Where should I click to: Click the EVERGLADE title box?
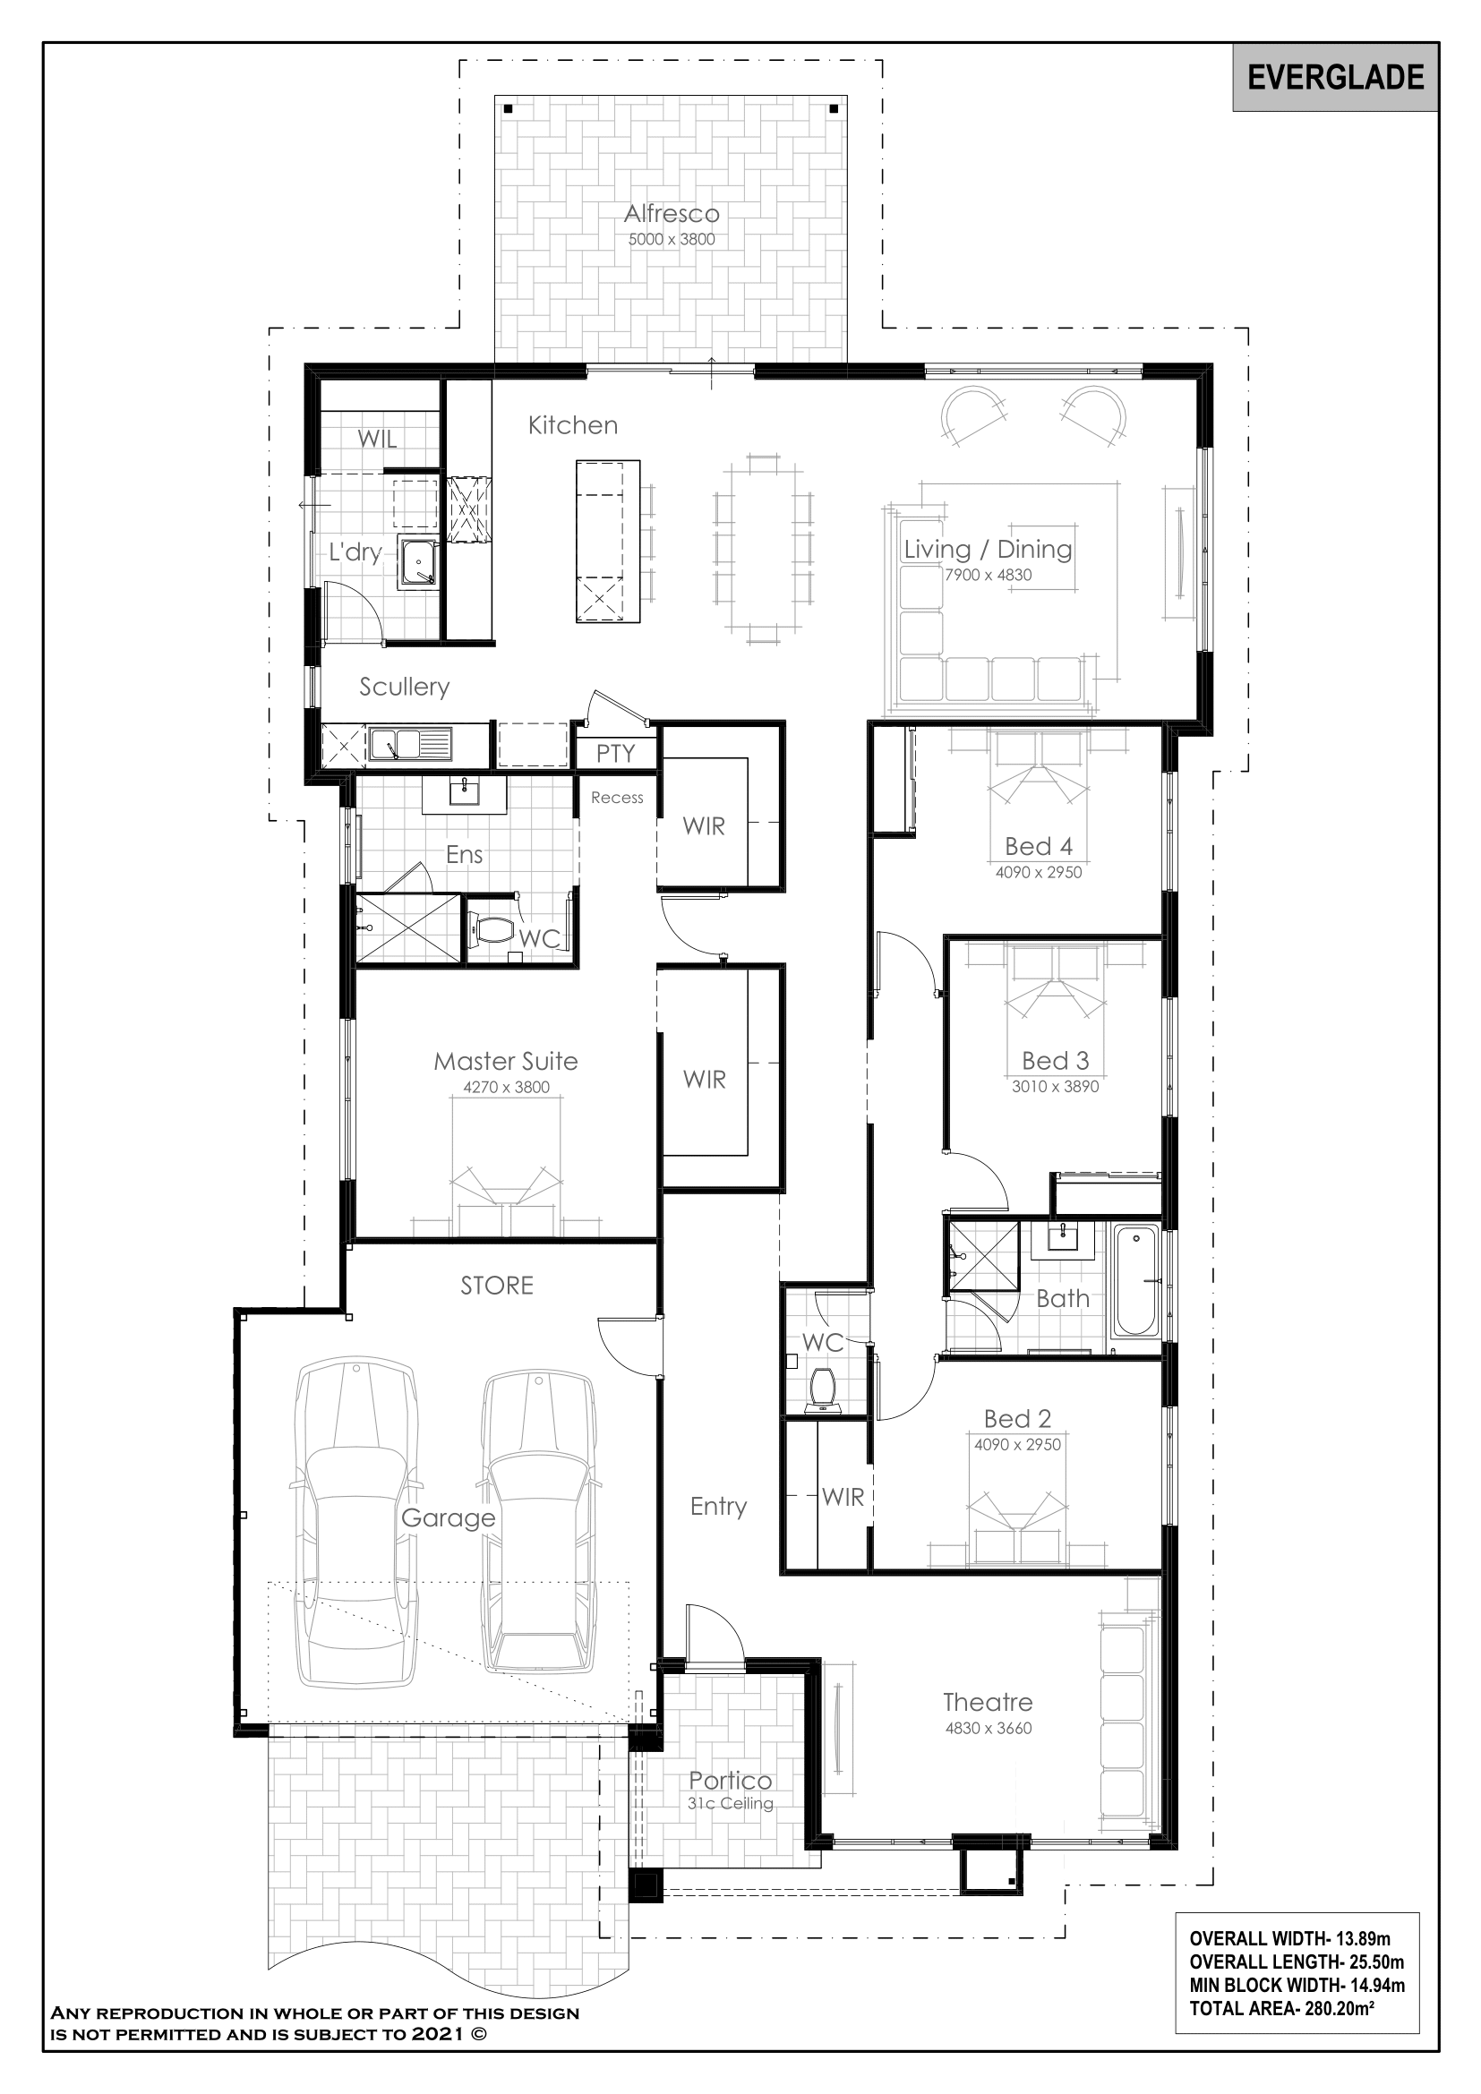1335,78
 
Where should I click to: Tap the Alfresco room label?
672,213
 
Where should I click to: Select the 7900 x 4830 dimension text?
989,575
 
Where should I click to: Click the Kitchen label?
573,425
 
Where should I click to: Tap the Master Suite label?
506,1061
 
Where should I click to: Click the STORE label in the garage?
497,1285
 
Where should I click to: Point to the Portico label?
731,1781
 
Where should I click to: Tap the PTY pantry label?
615,753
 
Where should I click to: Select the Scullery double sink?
410,744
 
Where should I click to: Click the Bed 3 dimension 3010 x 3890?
1055,1086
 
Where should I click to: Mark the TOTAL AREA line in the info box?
1282,2007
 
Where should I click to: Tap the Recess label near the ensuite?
618,797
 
